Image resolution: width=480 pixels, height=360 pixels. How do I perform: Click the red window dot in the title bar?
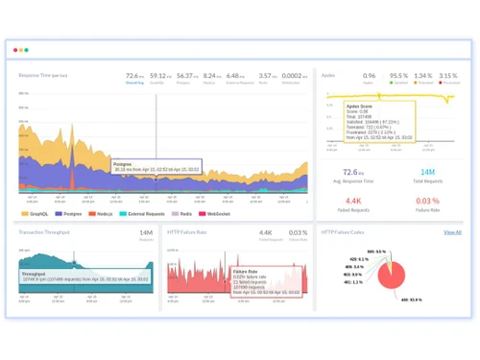pyautogui.click(x=13, y=50)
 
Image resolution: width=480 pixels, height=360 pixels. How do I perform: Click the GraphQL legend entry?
pyautogui.click(x=35, y=214)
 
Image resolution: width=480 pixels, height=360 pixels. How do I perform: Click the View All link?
pyautogui.click(x=452, y=232)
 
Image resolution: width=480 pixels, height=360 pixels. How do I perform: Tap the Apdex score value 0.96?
pyautogui.click(x=369, y=75)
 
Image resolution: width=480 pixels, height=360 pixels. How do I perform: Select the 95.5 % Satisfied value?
pyautogui.click(x=399, y=75)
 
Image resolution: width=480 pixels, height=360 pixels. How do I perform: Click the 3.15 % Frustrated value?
pyautogui.click(x=448, y=75)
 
